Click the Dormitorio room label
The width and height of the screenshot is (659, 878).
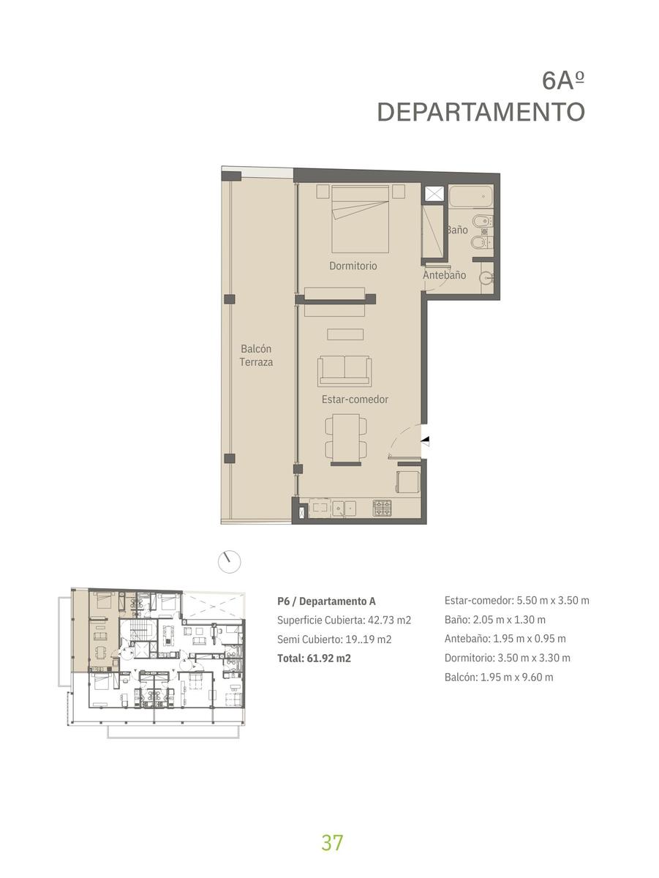[x=353, y=266]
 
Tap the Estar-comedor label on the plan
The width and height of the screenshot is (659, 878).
[x=355, y=399]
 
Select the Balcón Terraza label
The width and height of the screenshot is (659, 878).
[x=256, y=355]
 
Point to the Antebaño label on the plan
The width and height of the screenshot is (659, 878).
[x=444, y=275]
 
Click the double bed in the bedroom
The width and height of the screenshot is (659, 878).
[x=361, y=219]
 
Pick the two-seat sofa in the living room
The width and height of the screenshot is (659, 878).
[x=344, y=371]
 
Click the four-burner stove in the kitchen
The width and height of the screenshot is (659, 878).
[x=382, y=508]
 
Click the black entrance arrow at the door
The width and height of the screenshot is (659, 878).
[x=425, y=440]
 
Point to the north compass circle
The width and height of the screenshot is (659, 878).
[x=229, y=562]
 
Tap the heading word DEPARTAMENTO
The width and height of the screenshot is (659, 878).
[x=481, y=112]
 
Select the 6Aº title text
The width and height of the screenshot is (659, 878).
[x=563, y=80]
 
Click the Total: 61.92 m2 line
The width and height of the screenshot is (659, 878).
[x=314, y=658]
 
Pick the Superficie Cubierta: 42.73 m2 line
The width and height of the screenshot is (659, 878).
[x=344, y=620]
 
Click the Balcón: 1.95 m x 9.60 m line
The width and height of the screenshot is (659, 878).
[x=499, y=678]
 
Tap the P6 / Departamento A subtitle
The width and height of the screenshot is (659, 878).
[x=326, y=601]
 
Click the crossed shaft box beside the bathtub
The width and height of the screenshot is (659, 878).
[x=434, y=194]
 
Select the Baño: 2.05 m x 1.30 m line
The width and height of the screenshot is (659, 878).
[x=494, y=620]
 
